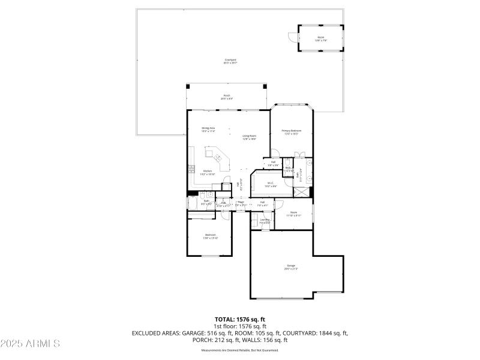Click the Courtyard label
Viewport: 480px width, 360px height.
(x=230, y=61)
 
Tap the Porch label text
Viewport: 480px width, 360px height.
(x=227, y=97)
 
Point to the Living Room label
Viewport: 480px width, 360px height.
(x=249, y=137)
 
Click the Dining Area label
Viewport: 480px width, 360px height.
(x=208, y=130)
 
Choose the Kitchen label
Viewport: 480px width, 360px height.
(x=207, y=172)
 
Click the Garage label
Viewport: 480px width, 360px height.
(x=291, y=267)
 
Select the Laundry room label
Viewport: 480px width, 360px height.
(x=264, y=221)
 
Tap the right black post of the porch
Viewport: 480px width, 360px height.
(x=265, y=87)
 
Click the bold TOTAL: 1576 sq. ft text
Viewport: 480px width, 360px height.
(x=240, y=319)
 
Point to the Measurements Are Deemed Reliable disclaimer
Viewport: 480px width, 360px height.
(x=240, y=350)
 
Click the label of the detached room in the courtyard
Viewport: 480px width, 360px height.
(x=321, y=39)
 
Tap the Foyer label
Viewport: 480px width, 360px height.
(x=241, y=203)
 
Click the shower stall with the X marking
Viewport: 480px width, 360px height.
(x=301, y=192)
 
